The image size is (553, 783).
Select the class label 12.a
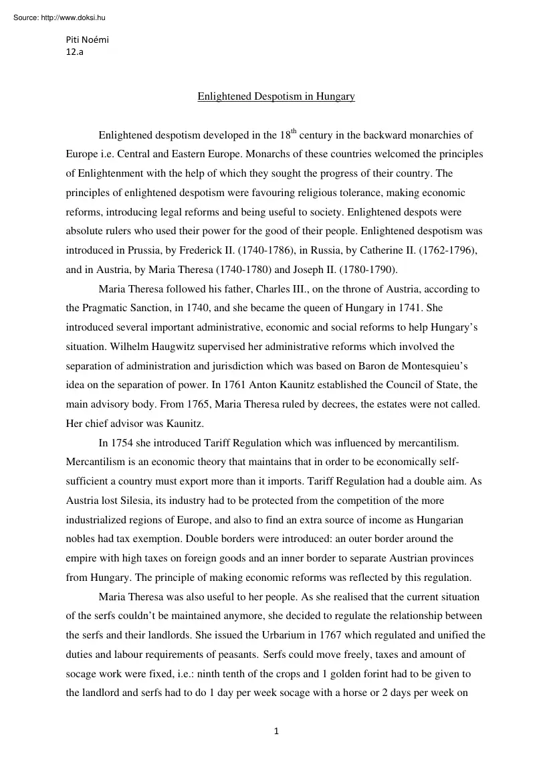tap(74, 52)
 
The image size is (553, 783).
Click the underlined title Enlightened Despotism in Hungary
tap(276, 97)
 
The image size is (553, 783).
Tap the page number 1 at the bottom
tap(276, 731)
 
